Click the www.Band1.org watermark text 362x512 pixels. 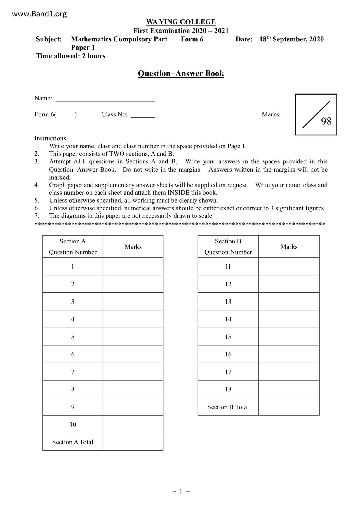pos(39,14)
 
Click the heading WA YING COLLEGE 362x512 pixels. pos(181,22)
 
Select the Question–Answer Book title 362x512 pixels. pos(181,73)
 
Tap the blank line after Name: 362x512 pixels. pos(105,99)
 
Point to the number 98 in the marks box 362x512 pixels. pos(326,121)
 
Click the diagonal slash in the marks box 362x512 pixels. pos(316,114)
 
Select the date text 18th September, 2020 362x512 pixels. pos(291,39)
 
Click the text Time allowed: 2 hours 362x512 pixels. pos(71,56)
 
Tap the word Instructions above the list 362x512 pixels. pos(50,138)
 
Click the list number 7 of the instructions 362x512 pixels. pos(37,216)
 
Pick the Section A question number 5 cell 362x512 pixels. pos(73,337)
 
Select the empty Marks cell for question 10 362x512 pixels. pos(133,424)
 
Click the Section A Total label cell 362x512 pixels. pos(73,442)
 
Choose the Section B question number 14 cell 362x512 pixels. pos(228,319)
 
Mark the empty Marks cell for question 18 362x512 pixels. pos(289,389)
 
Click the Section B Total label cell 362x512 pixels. pos(228,407)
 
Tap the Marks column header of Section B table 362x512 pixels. pos(289,247)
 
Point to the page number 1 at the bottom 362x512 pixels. pos(181,491)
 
